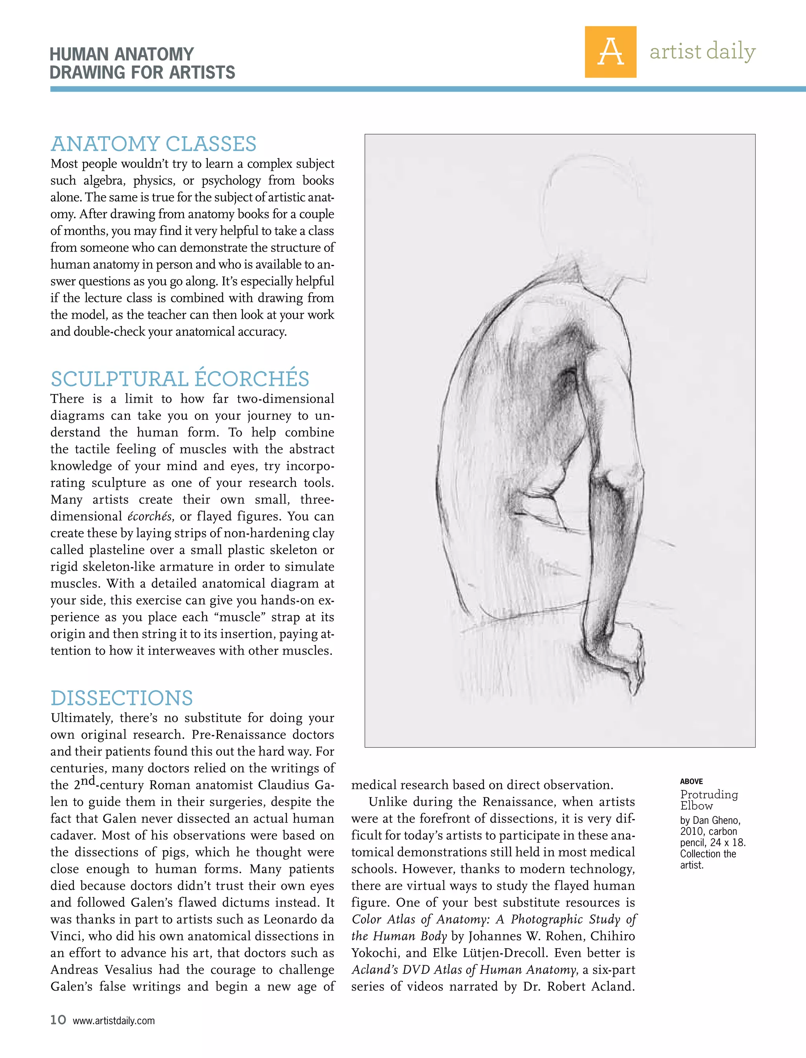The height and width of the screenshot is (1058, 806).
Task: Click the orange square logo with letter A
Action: (610, 52)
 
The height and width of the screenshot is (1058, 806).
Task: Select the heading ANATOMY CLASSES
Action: (153, 144)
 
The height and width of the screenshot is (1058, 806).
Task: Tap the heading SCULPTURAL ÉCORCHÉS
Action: (180, 379)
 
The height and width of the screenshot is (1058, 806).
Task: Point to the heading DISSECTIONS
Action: (122, 698)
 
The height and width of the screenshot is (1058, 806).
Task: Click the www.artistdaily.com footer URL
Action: (114, 1021)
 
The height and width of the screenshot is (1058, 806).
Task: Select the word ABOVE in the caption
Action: (691, 782)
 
